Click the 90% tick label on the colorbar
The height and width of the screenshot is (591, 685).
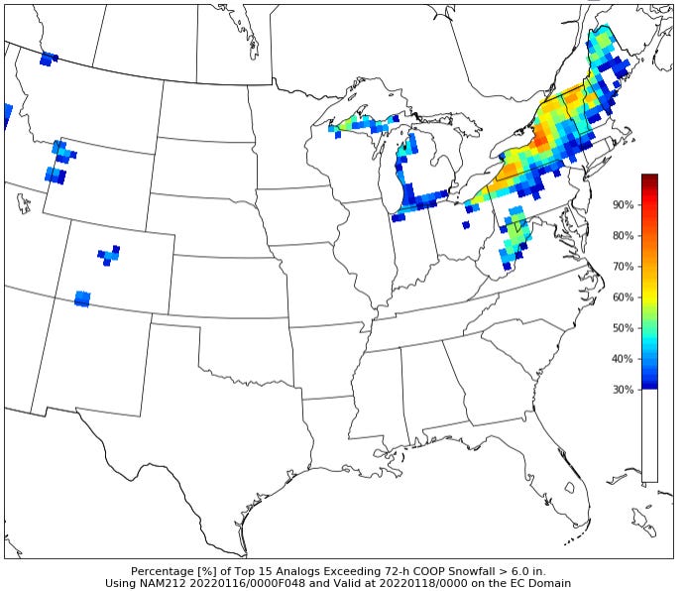coord(624,204)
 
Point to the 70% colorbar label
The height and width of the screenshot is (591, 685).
coord(624,266)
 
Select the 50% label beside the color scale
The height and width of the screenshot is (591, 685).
coord(624,327)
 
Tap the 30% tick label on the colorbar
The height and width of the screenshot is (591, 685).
coord(624,389)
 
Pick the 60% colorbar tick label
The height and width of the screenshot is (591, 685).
coord(624,296)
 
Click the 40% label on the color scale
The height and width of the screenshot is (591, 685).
coord(624,358)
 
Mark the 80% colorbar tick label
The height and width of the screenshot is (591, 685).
coord(624,235)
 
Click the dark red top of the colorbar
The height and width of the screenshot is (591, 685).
coord(649,179)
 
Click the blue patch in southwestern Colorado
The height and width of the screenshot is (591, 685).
coord(82,297)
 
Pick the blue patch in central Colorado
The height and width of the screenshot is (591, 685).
coord(109,256)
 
